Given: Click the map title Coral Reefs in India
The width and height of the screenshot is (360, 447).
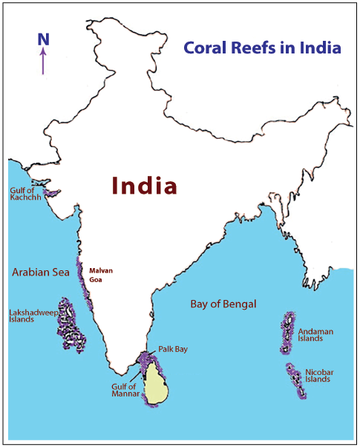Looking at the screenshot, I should (262, 48).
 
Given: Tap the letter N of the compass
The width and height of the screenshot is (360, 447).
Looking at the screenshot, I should (43, 39).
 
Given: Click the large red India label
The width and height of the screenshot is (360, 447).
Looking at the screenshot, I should (145, 186).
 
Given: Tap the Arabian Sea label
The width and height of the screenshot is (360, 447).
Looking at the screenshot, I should (40, 273).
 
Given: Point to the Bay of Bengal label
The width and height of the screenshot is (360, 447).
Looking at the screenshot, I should (223, 304).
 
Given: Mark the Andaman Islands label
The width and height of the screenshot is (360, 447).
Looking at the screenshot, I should (310, 334).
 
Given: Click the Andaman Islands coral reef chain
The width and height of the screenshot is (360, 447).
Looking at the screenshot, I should (287, 333).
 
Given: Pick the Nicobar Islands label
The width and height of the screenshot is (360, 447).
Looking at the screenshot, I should (318, 375).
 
